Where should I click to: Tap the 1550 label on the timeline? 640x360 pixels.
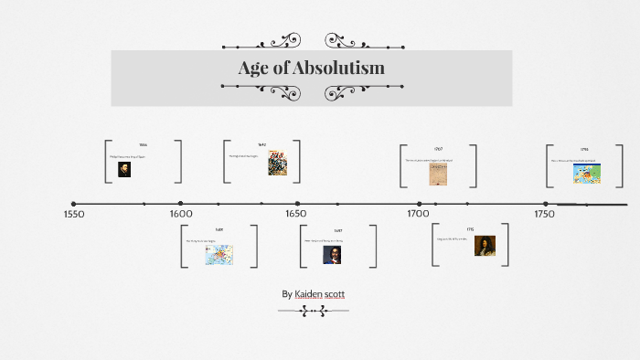74,215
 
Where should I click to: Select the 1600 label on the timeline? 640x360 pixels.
181,215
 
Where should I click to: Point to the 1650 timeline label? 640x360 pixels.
295,215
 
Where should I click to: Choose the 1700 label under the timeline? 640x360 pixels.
418,215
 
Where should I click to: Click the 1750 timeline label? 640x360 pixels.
543,215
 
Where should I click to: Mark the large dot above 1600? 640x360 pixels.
181,204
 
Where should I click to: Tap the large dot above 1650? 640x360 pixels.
296,204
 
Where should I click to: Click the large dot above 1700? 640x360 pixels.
420,204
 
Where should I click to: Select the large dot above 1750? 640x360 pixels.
546,204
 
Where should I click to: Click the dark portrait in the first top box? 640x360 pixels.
124,169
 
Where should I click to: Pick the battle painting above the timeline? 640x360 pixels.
277,164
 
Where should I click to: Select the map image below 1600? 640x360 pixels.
219,254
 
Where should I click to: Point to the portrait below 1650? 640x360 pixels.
332,255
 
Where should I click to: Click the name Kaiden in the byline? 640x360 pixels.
315,294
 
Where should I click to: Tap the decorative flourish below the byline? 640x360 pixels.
313,311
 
